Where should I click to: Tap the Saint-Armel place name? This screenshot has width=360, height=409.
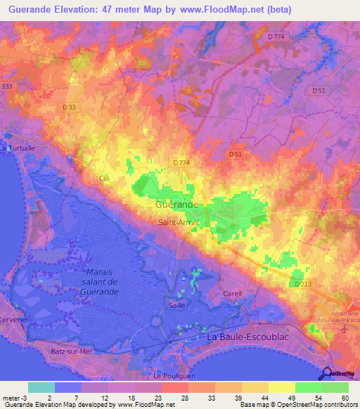[178, 222]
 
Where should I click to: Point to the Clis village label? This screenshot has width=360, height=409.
[105, 178]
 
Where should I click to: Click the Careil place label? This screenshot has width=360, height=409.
[232, 293]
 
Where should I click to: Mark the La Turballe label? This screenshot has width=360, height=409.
[18, 148]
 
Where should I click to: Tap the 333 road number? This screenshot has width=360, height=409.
[7, 86]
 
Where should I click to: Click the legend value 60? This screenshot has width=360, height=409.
[344, 398]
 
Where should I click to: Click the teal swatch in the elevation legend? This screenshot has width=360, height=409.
[41, 387]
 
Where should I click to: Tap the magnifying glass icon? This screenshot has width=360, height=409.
[327, 374]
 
